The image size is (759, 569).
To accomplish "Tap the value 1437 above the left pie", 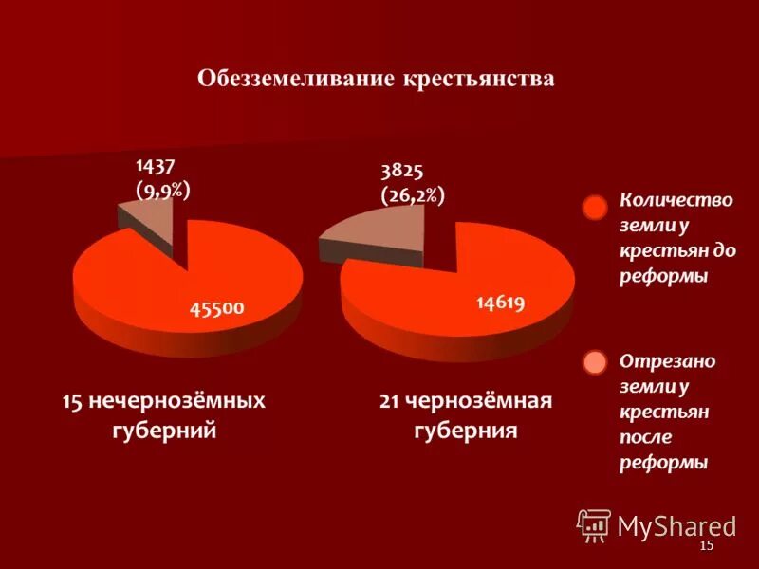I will click(156, 167).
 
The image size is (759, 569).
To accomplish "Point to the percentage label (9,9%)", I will click(163, 191).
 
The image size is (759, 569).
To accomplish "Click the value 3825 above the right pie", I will click(401, 171).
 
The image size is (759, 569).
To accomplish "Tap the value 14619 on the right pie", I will click(500, 303).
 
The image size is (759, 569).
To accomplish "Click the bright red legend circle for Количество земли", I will click(594, 209).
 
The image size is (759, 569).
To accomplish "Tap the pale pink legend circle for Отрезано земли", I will click(594, 363).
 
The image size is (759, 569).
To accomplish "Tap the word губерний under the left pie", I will click(164, 431).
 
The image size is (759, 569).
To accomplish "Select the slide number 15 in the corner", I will click(705, 549).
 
